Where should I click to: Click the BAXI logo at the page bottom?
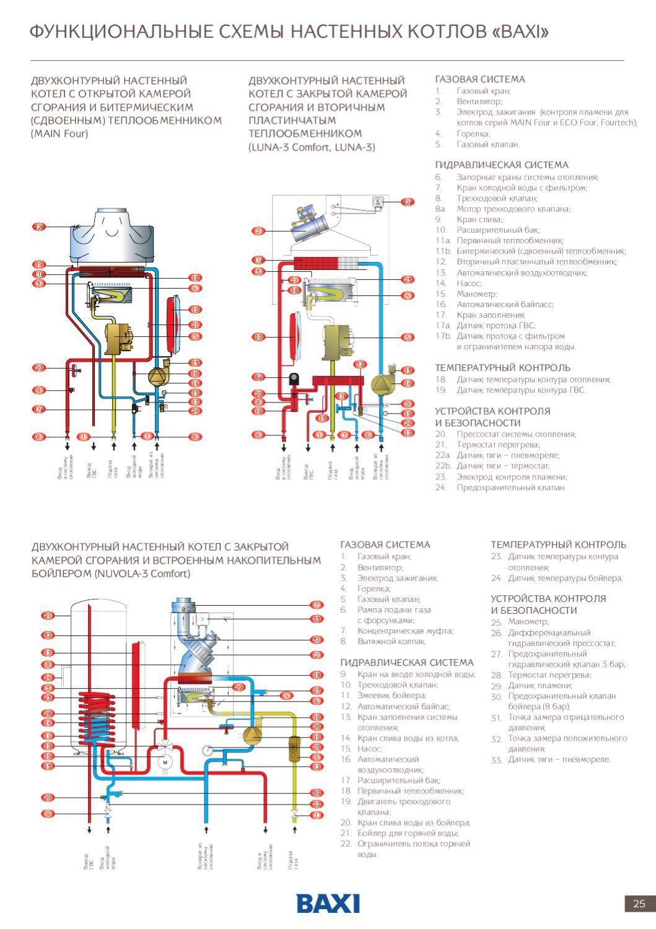pos(328,903)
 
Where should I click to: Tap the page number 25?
pos(639,903)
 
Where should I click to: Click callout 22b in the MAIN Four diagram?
pos(39,227)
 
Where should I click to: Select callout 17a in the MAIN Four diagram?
pos(39,409)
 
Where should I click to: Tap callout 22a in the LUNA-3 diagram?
pos(407,203)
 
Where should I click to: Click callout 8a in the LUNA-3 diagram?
pos(258,377)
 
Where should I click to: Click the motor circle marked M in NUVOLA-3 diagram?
pos(165,762)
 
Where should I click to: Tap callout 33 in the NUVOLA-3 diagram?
pos(317,619)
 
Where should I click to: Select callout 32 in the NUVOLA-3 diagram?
pos(48,635)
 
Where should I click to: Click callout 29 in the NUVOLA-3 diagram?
pos(238,687)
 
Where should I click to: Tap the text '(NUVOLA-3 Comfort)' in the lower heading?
pos(142,574)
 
